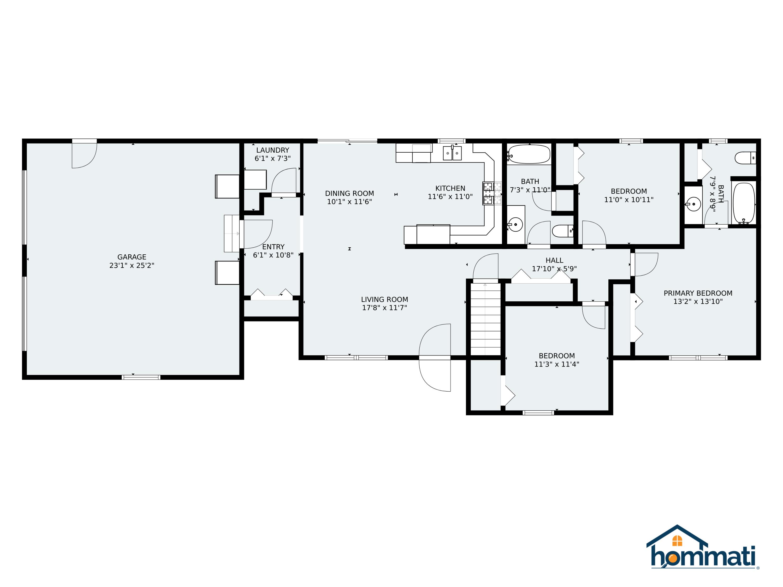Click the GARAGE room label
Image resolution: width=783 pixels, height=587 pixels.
click(x=132, y=257)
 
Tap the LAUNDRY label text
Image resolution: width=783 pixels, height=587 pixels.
click(x=272, y=150)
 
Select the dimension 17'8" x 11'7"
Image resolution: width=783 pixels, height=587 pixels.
click(x=384, y=308)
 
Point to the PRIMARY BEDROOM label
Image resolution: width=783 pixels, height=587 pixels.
click(x=698, y=293)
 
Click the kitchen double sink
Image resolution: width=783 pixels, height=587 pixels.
click(x=452, y=153)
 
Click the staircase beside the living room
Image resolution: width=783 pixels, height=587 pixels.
click(x=485, y=319)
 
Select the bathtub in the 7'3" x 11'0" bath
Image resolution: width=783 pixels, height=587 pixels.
click(x=529, y=154)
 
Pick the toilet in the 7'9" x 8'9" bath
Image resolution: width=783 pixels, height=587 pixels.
click(x=745, y=158)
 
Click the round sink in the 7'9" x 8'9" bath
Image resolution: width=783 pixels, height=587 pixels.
click(x=693, y=204)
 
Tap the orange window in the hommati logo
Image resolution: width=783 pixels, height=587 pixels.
click(x=677, y=541)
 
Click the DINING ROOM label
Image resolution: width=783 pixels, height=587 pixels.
click(x=349, y=193)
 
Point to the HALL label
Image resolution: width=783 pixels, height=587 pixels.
click(x=554, y=260)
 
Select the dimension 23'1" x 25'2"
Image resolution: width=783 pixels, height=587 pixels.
click(x=132, y=265)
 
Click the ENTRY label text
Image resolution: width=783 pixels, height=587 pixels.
click(x=273, y=247)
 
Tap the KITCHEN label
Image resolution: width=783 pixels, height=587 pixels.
click(x=450, y=188)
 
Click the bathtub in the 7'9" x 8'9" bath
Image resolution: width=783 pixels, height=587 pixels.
click(x=743, y=203)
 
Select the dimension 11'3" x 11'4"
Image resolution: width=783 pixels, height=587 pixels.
click(x=556, y=364)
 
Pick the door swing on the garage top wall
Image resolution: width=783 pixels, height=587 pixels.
click(x=84, y=155)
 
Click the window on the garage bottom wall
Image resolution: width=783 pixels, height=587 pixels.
click(x=141, y=377)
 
